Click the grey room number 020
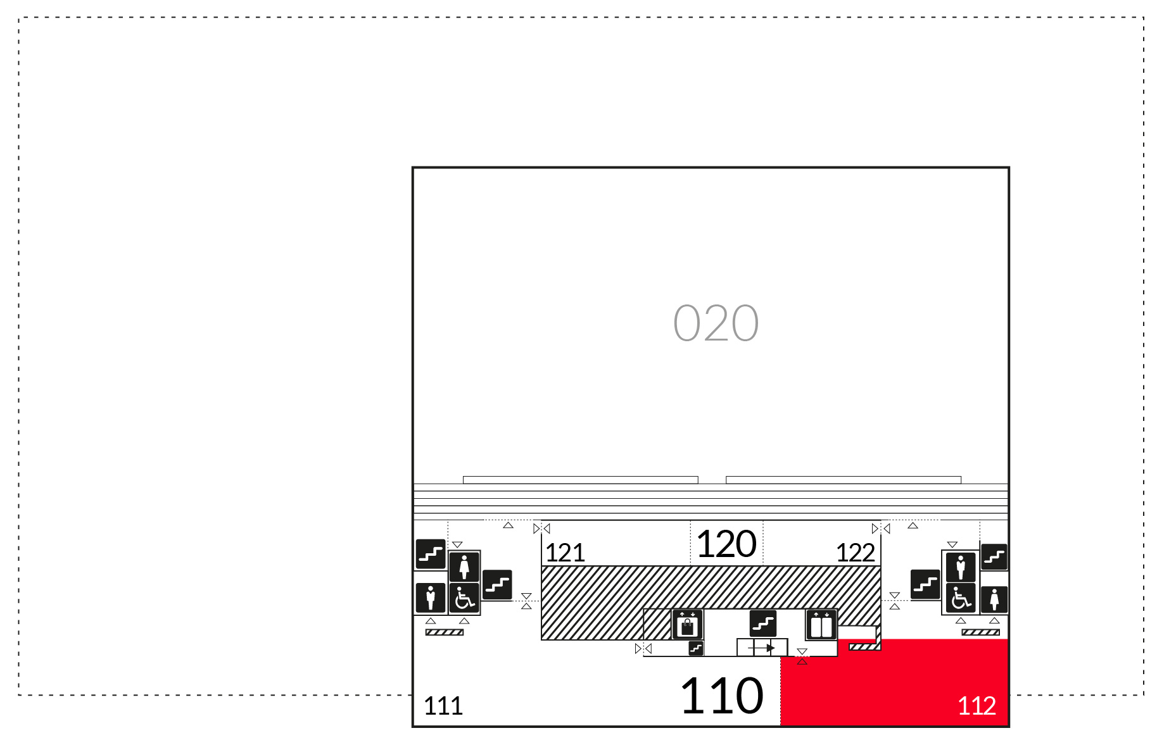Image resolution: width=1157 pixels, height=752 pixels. tap(716, 323)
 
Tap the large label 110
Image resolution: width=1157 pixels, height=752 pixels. tap(722, 696)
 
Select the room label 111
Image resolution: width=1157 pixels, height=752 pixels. tap(443, 706)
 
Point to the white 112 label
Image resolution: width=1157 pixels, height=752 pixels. tap(977, 706)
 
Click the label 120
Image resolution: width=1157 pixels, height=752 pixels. tap(726, 544)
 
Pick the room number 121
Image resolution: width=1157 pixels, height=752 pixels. tap(565, 553)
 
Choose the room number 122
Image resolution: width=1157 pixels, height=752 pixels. tap(856, 553)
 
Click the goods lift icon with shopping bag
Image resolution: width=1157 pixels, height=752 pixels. tap(687, 625)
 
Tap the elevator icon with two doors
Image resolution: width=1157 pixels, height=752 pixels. tap(821, 625)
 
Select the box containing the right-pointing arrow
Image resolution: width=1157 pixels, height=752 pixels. tap(762, 648)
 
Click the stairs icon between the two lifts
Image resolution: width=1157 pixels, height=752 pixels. tap(763, 624)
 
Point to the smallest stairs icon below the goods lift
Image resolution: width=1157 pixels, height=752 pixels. tap(696, 648)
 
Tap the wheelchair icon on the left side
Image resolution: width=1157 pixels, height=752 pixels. tap(464, 598)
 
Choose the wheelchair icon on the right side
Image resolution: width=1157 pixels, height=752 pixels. tap(961, 598)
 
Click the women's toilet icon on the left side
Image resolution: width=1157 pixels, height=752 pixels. tap(464, 567)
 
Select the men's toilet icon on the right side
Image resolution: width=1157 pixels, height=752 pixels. tap(961, 567)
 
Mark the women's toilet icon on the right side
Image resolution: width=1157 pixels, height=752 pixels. tap(994, 599)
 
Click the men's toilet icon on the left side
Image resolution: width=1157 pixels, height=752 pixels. tap(431, 598)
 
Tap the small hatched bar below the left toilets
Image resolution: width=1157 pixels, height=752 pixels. tap(445, 632)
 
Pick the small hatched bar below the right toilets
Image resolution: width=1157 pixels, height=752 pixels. tap(980, 632)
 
